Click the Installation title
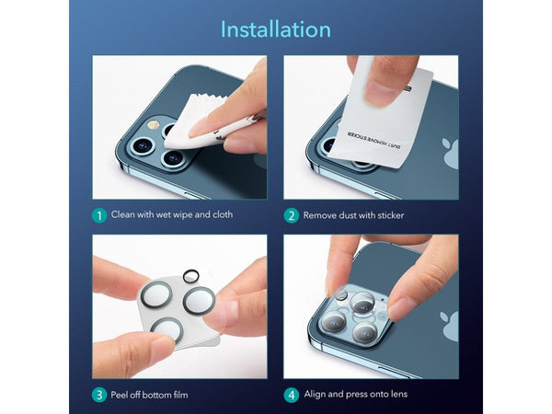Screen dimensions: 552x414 click(276, 29)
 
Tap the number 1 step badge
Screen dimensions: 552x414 click(99, 215)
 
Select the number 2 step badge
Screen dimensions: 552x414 click(291, 215)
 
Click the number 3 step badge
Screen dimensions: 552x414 click(99, 395)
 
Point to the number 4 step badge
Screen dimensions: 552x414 click(291, 395)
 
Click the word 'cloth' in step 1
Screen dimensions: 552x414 click(223, 214)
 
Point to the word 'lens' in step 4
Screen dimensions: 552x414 click(399, 394)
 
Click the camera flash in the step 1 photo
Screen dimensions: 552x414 click(153, 124)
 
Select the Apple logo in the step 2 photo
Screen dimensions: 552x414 click(451, 154)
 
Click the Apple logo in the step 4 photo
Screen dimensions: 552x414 click(450, 326)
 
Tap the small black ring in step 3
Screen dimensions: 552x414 click(190, 276)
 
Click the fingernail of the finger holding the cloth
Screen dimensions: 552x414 click(200, 128)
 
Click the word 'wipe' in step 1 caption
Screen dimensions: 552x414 click(182, 215)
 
